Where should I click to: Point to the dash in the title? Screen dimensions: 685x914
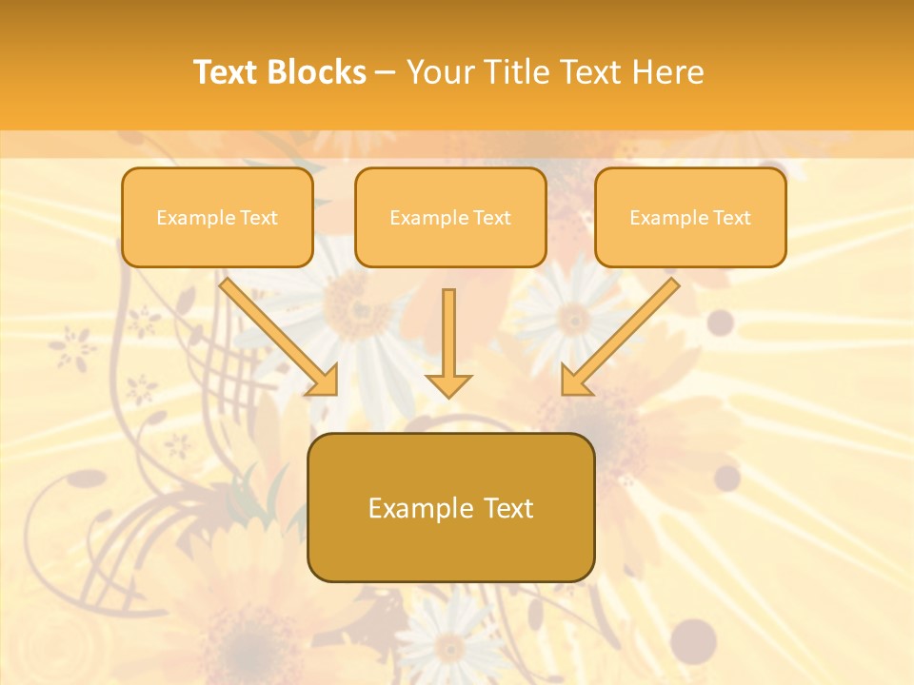(x=386, y=73)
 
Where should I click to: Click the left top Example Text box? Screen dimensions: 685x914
(x=217, y=217)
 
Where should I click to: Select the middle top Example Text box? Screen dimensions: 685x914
(x=450, y=217)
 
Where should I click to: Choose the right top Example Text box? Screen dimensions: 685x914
(x=690, y=217)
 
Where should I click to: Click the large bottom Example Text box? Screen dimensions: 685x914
(x=450, y=507)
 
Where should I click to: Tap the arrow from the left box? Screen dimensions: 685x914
(x=276, y=333)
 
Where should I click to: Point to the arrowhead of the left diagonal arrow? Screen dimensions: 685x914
(x=324, y=381)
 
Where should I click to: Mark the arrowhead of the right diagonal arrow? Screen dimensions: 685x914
(x=575, y=381)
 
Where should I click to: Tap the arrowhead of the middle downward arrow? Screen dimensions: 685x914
(x=448, y=384)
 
